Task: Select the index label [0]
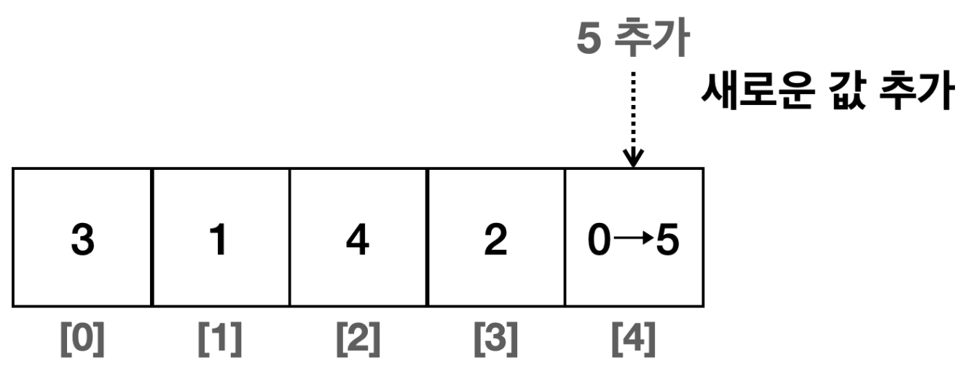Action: point(82,340)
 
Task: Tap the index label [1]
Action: point(220,340)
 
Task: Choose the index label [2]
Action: point(358,340)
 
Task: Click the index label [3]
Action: point(495,340)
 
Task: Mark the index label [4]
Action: point(634,340)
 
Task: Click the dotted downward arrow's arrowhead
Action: point(634,157)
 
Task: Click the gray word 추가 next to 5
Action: point(651,40)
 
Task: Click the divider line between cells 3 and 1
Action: point(152,237)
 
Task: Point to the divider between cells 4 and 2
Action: point(427,237)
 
